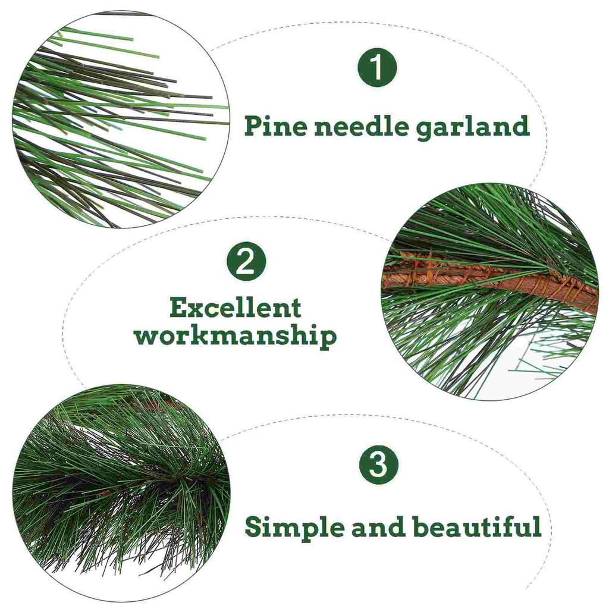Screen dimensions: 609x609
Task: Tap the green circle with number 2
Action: click(246, 262)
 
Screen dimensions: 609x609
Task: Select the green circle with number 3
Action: click(378, 464)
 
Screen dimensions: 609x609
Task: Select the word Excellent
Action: click(235, 308)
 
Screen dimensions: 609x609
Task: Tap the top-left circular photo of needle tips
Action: click(119, 119)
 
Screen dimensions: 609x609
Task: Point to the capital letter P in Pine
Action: click(253, 126)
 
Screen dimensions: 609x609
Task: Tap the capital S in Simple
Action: click(255, 527)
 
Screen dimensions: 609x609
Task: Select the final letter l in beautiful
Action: click(537, 526)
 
